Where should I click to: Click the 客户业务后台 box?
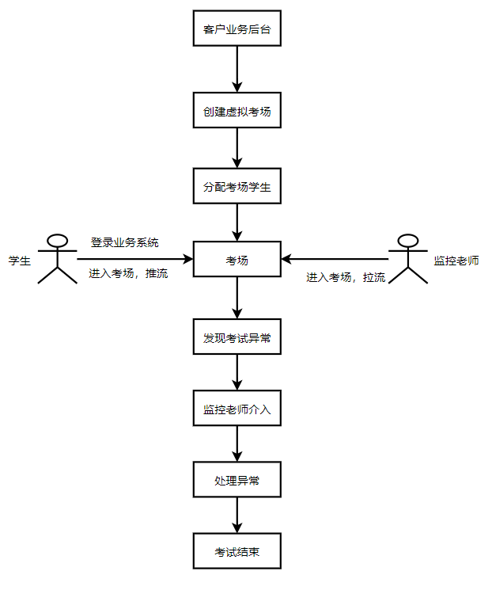(x=237, y=29)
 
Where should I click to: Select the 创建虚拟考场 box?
(x=237, y=111)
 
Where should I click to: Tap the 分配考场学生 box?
(x=237, y=188)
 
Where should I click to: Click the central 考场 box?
(x=237, y=259)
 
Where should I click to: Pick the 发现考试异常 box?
(x=237, y=338)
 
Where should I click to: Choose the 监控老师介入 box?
(x=237, y=409)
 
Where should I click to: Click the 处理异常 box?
(x=237, y=480)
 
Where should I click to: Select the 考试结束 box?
(x=237, y=552)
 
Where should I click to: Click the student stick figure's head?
(x=57, y=239)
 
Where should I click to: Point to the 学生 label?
(x=20, y=260)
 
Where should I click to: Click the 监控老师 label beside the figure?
(x=456, y=260)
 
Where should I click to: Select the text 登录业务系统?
(x=124, y=242)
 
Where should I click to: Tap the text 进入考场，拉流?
(x=346, y=277)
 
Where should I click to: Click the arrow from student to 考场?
(x=134, y=259)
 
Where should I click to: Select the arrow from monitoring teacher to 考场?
(x=336, y=259)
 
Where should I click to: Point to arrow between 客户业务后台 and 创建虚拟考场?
(x=237, y=70)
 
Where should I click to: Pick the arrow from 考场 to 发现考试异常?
(x=237, y=299)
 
